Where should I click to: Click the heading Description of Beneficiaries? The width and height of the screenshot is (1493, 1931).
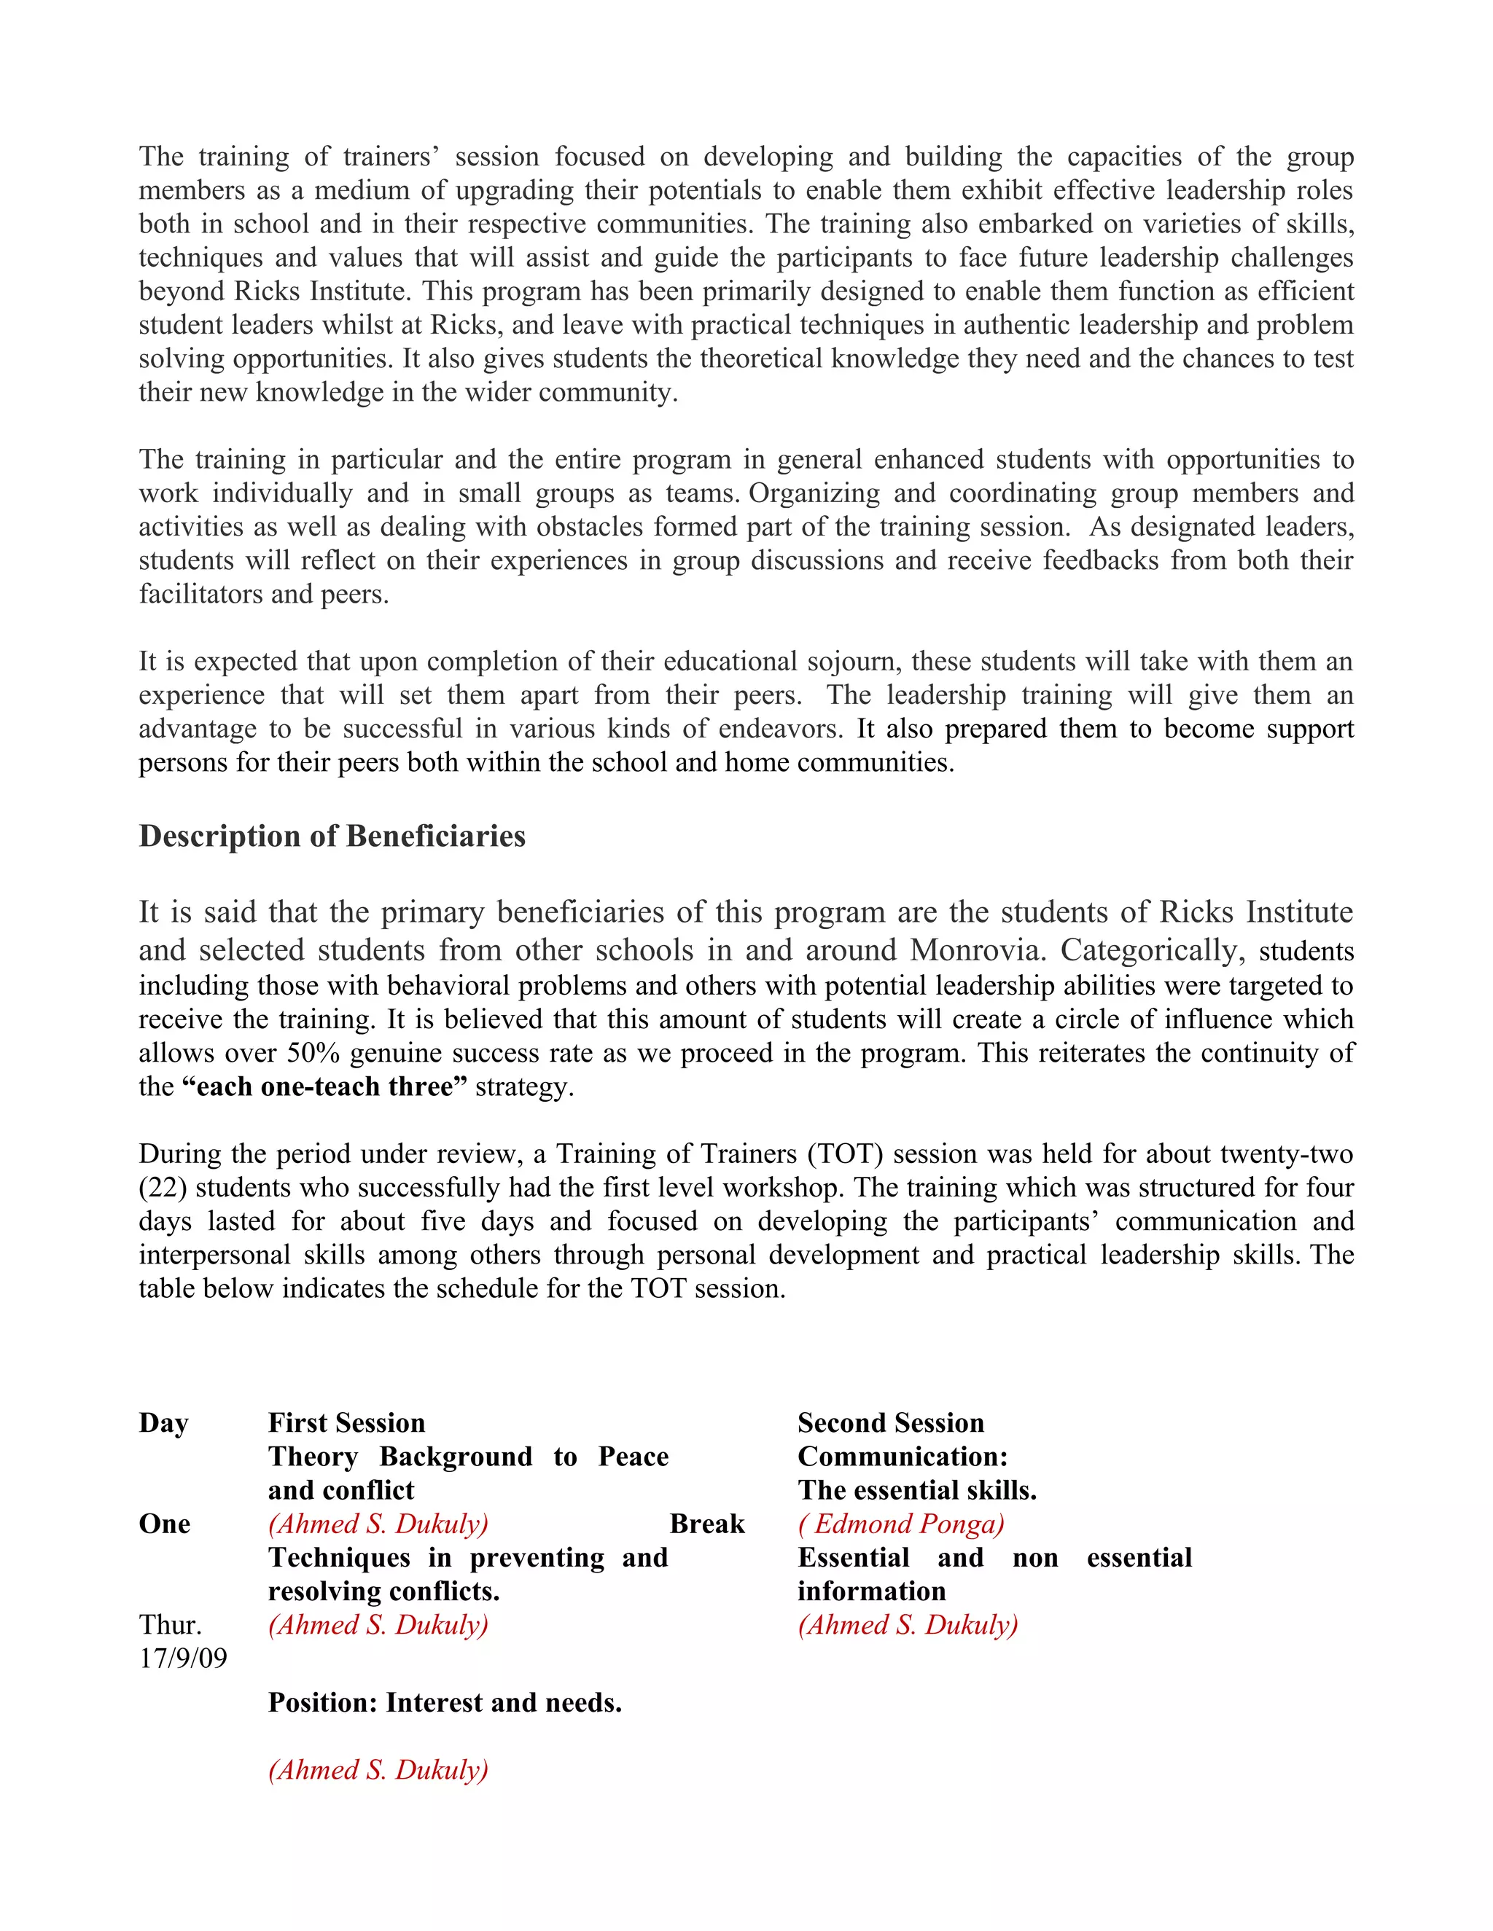pos(332,837)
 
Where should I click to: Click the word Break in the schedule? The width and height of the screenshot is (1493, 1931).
pos(706,1524)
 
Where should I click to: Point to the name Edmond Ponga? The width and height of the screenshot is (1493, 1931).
pos(901,1524)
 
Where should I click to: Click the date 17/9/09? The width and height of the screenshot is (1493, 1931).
pos(183,1658)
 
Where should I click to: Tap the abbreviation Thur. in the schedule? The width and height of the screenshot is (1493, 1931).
pos(171,1624)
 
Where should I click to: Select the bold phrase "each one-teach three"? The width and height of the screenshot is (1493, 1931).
pos(324,1086)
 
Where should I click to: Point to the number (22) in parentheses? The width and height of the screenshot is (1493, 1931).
pos(163,1188)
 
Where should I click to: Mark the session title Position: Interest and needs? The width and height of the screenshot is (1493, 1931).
pos(445,1702)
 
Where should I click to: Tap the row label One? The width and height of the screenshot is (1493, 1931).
pos(165,1524)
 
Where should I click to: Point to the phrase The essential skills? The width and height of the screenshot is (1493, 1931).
pos(917,1490)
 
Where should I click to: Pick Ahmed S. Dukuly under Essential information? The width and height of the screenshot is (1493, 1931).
pos(908,1624)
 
